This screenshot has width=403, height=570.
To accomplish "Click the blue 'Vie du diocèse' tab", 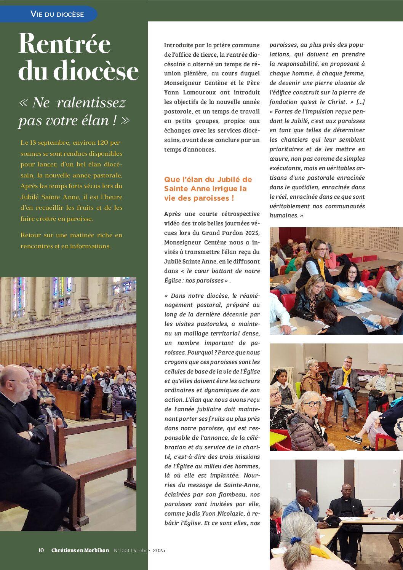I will [57, 14].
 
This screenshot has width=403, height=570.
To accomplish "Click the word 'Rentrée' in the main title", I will [64, 44].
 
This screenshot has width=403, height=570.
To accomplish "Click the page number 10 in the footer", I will [41, 550].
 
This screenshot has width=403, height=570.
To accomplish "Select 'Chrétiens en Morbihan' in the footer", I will [80, 550].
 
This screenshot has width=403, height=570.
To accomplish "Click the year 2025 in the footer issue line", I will [159, 550].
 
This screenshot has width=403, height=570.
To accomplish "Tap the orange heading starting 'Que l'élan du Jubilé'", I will [208, 188].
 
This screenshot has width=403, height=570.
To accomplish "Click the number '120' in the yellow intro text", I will [102, 143].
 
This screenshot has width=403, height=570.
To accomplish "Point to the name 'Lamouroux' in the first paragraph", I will [198, 93].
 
